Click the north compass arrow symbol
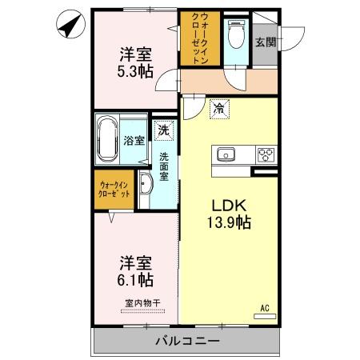point(70,26)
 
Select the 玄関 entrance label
point(266,42)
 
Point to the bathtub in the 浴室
point(109,140)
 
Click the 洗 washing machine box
point(163,128)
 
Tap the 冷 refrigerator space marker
point(218,109)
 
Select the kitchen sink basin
point(225,153)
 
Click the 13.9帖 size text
point(229,222)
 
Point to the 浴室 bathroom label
point(134,141)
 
